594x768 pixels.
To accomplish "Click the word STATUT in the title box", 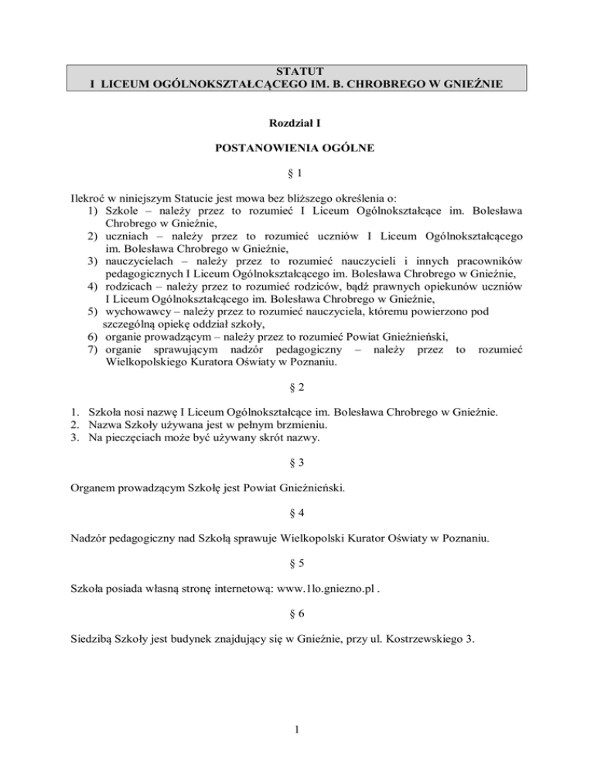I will coord(297,72).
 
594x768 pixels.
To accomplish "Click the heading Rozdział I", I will coord(297,122).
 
